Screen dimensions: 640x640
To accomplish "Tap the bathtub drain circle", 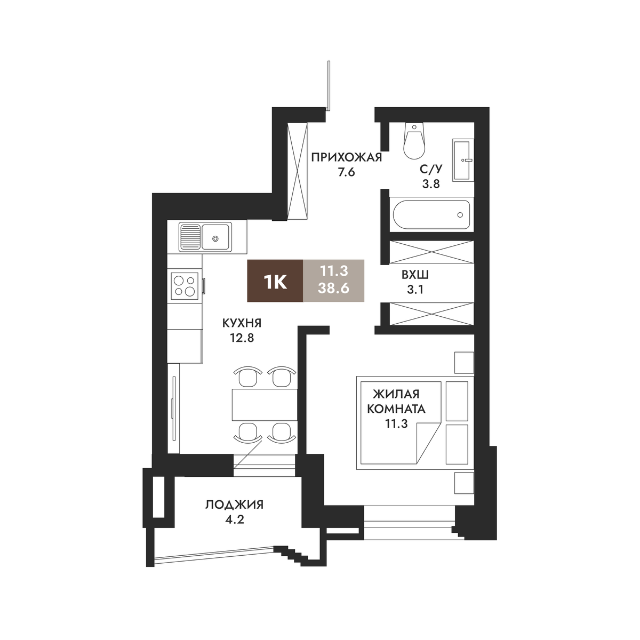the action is [x=460, y=215].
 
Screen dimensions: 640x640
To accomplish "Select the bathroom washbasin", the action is [x=463, y=160].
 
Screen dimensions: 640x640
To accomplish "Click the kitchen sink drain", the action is [x=215, y=238].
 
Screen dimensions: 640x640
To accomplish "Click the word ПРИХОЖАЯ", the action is [x=347, y=157].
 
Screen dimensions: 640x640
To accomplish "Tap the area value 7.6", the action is [x=347, y=173].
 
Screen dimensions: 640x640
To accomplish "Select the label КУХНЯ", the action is [x=242, y=323].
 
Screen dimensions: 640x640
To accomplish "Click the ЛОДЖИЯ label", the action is [x=235, y=505].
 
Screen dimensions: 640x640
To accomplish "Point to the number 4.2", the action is [x=235, y=519].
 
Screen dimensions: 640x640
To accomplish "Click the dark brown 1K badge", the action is [x=275, y=281].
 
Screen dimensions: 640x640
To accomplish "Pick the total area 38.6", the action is [x=333, y=288].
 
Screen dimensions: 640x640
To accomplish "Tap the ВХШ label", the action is [x=415, y=275].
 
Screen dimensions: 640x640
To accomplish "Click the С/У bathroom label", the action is [x=431, y=169].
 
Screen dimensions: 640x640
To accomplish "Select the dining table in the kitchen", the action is [x=265, y=404].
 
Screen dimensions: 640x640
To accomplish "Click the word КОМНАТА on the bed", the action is [x=396, y=409].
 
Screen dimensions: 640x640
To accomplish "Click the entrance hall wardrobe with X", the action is [x=298, y=171].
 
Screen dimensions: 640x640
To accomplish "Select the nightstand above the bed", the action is [x=464, y=363].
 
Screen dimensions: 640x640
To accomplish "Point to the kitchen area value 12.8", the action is [x=242, y=338].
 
